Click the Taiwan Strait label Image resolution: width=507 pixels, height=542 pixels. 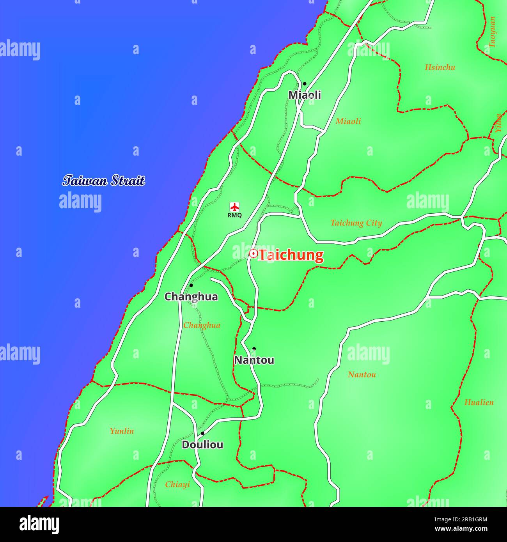pyautogui.click(x=104, y=181)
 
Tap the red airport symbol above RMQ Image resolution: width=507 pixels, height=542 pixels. pyautogui.click(x=234, y=207)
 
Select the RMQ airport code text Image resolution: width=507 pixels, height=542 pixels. pyautogui.click(x=234, y=215)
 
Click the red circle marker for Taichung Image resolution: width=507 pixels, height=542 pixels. pyautogui.click(x=253, y=254)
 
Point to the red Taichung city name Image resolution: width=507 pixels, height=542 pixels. pyautogui.click(x=291, y=255)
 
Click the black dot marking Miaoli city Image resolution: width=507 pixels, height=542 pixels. pyautogui.click(x=305, y=83)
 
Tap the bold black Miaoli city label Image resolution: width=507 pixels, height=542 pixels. pyautogui.click(x=305, y=95)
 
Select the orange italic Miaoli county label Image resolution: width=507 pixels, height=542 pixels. pyautogui.click(x=348, y=121)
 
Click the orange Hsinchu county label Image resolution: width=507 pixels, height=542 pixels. pyautogui.click(x=440, y=67)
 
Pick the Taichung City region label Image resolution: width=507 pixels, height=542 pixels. pyautogui.click(x=356, y=223)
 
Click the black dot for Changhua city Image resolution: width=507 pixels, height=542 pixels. pyautogui.click(x=191, y=285)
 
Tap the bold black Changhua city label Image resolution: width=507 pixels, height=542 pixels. pyautogui.click(x=191, y=297)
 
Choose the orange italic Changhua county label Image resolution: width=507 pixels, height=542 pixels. pyautogui.click(x=202, y=325)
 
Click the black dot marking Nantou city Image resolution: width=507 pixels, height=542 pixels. pyautogui.click(x=254, y=349)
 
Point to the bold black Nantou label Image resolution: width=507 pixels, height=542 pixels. pyautogui.click(x=254, y=360)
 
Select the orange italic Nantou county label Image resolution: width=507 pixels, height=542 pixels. pyautogui.click(x=362, y=375)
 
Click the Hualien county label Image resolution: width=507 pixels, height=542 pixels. pyautogui.click(x=479, y=402)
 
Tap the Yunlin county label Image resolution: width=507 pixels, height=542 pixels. pyautogui.click(x=122, y=431)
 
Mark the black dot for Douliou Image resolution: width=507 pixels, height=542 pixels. pyautogui.click(x=202, y=433)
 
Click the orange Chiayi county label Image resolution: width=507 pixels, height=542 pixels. pyautogui.click(x=177, y=484)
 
